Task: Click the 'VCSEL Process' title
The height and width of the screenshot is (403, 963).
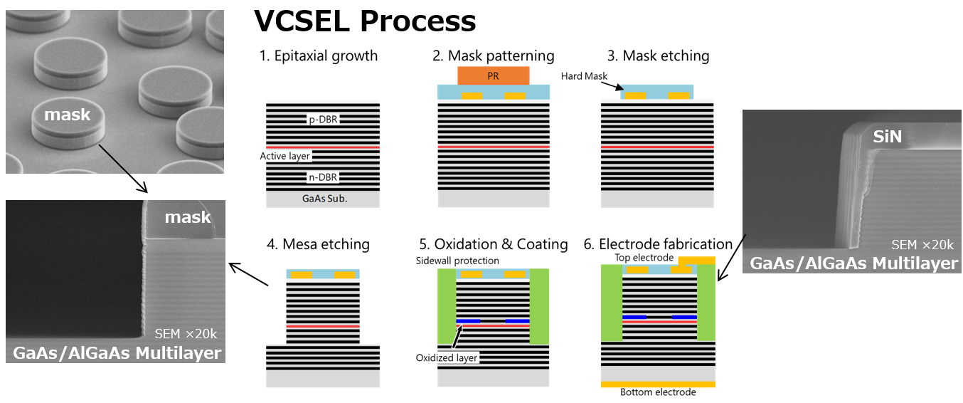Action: pyautogui.click(x=365, y=21)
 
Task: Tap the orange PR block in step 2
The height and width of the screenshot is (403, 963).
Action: pyautogui.click(x=493, y=75)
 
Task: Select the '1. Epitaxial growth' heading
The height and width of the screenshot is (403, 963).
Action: pyautogui.click(x=318, y=56)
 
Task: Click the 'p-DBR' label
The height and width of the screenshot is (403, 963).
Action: pyautogui.click(x=322, y=120)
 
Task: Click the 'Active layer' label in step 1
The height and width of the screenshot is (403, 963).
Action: pyautogui.click(x=285, y=156)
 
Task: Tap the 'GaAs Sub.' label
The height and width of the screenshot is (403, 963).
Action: pyautogui.click(x=322, y=199)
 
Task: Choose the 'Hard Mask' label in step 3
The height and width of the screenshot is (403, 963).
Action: pyautogui.click(x=581, y=75)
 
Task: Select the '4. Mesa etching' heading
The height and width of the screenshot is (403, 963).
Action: pyautogui.click(x=318, y=244)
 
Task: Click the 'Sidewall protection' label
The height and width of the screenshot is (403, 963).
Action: pyautogui.click(x=457, y=261)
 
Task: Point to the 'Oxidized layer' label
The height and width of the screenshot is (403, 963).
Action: pyautogui.click(x=447, y=357)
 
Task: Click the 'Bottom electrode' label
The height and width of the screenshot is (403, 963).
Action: pyautogui.click(x=658, y=392)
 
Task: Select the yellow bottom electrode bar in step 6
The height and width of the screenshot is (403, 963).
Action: pyautogui.click(x=658, y=384)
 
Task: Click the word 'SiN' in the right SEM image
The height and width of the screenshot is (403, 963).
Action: pyautogui.click(x=886, y=135)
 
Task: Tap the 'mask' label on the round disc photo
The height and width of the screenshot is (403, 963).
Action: pyautogui.click(x=67, y=114)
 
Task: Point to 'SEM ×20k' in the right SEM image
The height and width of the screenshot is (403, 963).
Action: pyautogui.click(x=922, y=245)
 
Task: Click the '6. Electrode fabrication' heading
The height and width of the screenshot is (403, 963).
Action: pyautogui.click(x=659, y=244)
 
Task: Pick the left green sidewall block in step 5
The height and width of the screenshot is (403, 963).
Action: pyautogui.click(x=446, y=306)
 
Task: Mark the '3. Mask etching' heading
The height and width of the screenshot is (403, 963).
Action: pyautogui.click(x=658, y=56)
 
